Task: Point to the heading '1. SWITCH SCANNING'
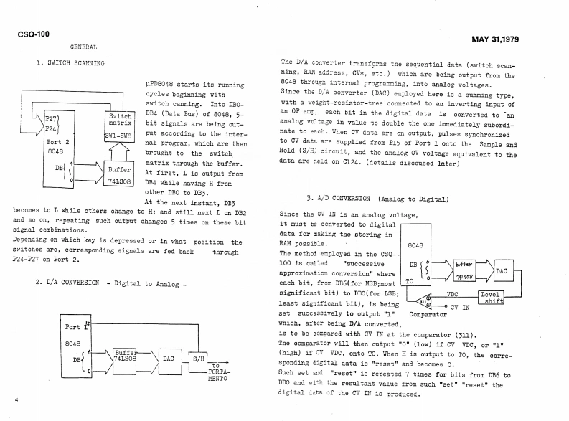tap(70, 63)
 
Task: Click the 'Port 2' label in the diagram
tap(55, 141)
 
